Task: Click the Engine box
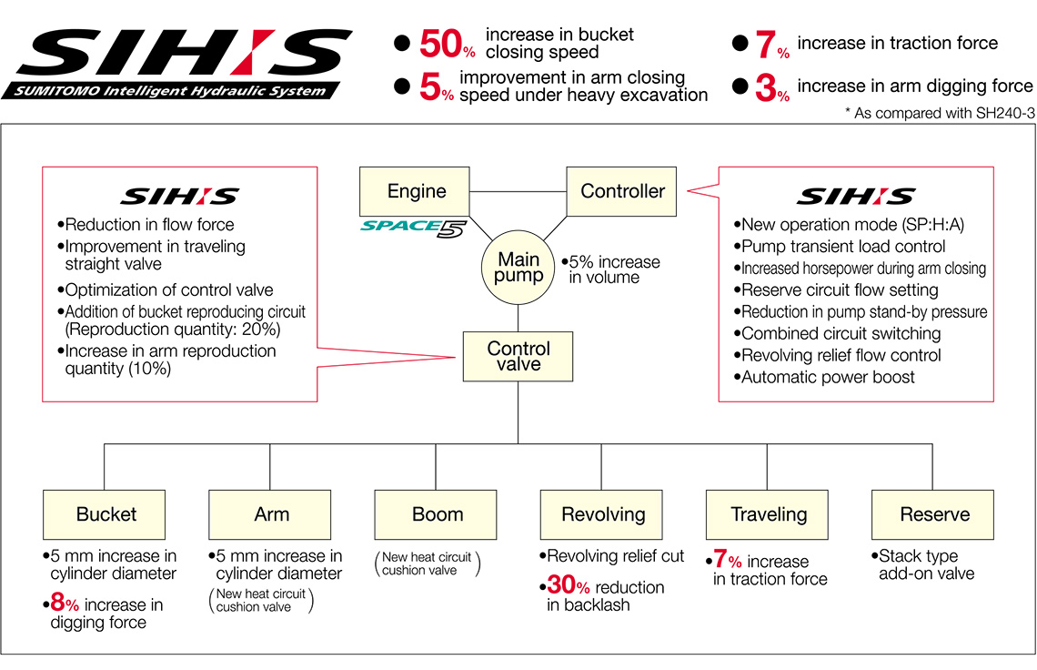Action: (417, 191)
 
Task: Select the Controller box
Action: (622, 191)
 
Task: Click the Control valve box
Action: (518, 356)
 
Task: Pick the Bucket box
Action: (106, 514)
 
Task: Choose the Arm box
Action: (271, 514)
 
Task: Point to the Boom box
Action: (437, 514)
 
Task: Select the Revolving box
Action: (602, 514)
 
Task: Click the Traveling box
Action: (768, 514)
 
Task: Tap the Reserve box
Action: (933, 514)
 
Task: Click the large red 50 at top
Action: (443, 44)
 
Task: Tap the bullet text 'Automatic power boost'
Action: (828, 377)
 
